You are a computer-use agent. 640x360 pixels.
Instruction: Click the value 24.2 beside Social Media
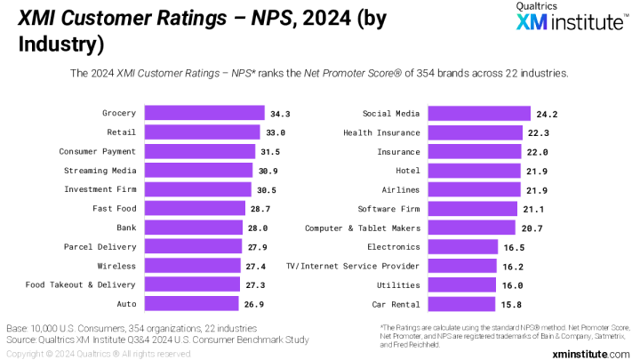(546, 113)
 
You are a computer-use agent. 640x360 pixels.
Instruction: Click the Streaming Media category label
(100, 170)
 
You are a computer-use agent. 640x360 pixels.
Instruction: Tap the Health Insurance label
(381, 132)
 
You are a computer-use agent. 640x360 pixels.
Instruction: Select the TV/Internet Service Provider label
(352, 266)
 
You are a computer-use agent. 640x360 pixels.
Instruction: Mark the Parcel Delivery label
(100, 246)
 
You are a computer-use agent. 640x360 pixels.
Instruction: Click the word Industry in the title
(60, 43)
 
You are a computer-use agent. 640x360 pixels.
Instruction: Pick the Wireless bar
(192, 266)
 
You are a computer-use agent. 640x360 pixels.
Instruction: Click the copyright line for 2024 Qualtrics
(97, 353)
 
